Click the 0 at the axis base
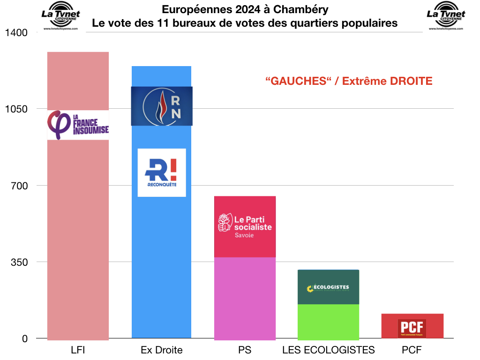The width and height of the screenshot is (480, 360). pyautogui.click(x=24, y=338)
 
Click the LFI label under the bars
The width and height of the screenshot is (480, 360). pyautogui.click(x=78, y=350)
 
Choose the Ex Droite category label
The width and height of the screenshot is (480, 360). pyautogui.click(x=161, y=350)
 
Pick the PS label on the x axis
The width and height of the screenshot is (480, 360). pyautogui.click(x=245, y=350)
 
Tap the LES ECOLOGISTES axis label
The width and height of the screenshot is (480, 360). pyautogui.click(x=328, y=350)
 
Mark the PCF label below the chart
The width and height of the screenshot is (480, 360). pyautogui.click(x=412, y=350)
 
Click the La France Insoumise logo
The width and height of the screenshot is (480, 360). pyautogui.click(x=78, y=125)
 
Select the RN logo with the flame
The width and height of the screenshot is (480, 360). pyautogui.click(x=161, y=106)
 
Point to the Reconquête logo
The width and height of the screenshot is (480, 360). pyautogui.click(x=161, y=172)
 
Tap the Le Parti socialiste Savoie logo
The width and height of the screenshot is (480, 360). pyautogui.click(x=245, y=225)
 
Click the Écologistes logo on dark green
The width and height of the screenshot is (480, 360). pyautogui.click(x=328, y=288)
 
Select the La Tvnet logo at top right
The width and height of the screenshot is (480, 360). pyautogui.click(x=446, y=16)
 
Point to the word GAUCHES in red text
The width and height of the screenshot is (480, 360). pyautogui.click(x=296, y=81)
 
